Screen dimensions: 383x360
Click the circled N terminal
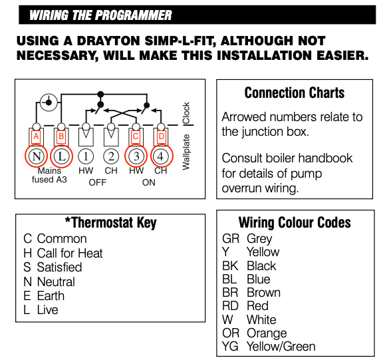point(37,156)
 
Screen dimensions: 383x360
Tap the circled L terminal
point(61,156)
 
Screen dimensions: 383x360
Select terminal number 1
point(86,156)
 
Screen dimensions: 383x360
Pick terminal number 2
point(111,156)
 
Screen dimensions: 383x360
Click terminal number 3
point(136,156)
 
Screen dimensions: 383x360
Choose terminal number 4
point(160,156)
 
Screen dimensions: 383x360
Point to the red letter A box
point(36,136)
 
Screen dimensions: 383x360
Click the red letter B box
point(61,136)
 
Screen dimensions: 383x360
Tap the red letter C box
point(136,136)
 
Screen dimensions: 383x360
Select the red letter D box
point(161,136)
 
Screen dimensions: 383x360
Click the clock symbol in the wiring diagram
point(49,102)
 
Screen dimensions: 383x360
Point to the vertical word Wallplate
point(186,152)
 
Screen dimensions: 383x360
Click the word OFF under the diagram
point(98,182)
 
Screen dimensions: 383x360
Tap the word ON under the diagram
point(149,182)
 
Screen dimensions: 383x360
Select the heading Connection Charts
point(295,93)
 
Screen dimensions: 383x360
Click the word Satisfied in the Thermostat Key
point(59,267)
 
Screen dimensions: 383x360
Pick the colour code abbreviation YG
point(230,347)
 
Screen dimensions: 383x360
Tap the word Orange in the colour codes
point(267,333)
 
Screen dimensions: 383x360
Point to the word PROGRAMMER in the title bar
point(134,15)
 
